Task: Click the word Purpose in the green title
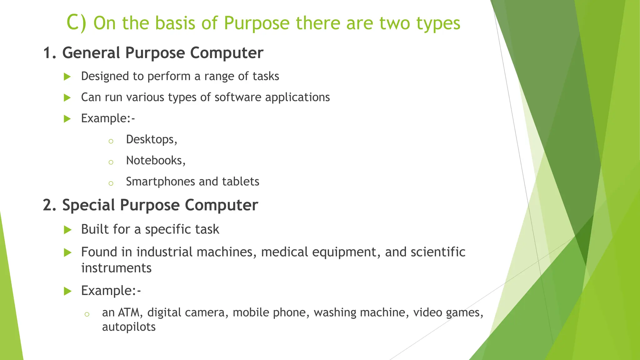pyautogui.click(x=257, y=23)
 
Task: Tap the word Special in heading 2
pyautogui.click(x=88, y=205)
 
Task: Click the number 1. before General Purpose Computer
pyautogui.click(x=50, y=52)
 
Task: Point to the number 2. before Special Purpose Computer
pyautogui.click(x=50, y=205)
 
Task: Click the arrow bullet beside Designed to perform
pyautogui.click(x=67, y=77)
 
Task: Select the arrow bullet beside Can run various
pyautogui.click(x=67, y=98)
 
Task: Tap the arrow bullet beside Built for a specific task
pyautogui.click(x=67, y=230)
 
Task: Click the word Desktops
pyautogui.click(x=150, y=139)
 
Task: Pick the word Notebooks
pyautogui.click(x=154, y=160)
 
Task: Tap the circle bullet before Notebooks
pyautogui.click(x=111, y=162)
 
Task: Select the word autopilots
pyautogui.click(x=129, y=327)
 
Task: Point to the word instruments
pyautogui.click(x=116, y=268)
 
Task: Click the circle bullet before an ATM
pyautogui.click(x=87, y=314)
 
